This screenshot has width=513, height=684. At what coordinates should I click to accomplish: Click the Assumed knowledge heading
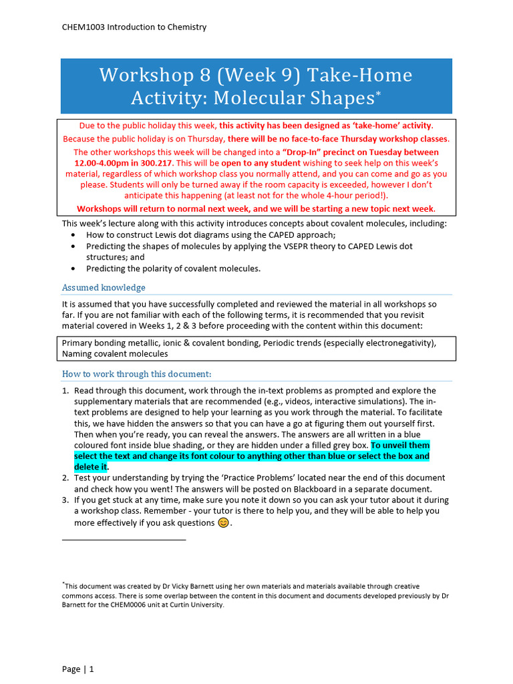(x=104, y=287)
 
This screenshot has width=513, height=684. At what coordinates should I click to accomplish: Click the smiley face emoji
(x=223, y=522)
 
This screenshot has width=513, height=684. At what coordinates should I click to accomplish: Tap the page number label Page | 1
(x=78, y=669)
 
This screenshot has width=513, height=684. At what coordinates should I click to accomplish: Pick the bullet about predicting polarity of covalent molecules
(x=173, y=269)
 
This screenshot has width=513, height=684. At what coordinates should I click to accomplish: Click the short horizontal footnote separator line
(x=124, y=539)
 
